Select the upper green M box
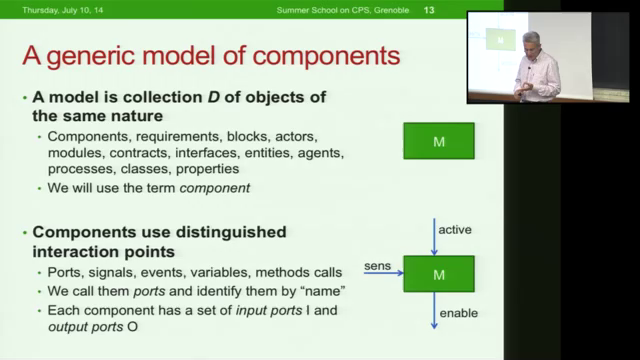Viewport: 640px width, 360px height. point(438,142)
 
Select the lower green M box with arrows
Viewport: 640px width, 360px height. point(438,273)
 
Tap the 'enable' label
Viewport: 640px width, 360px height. point(460,313)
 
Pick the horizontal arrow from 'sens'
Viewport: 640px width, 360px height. point(383,272)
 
